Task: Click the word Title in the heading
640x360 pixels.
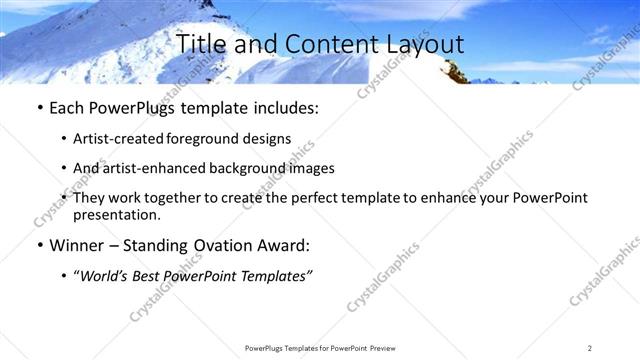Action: click(202, 44)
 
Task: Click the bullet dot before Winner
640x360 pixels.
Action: click(38, 244)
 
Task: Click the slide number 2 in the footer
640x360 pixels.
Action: click(590, 347)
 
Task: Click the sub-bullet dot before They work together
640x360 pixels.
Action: click(65, 198)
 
